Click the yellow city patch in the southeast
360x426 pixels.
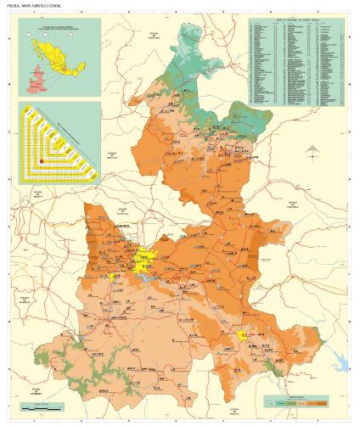tap(242, 334)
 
